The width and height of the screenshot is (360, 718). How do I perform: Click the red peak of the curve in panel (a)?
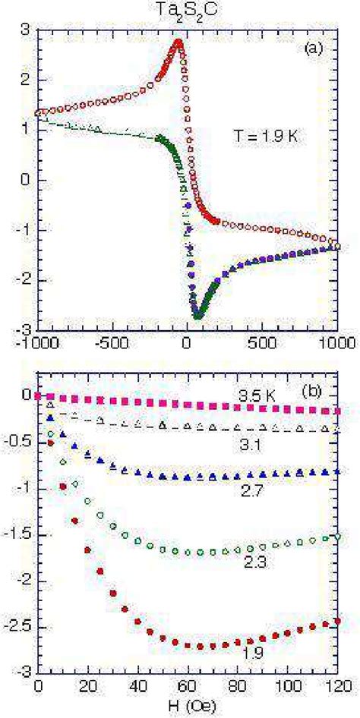point(178,42)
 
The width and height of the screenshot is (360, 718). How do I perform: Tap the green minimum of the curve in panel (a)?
point(198,315)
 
